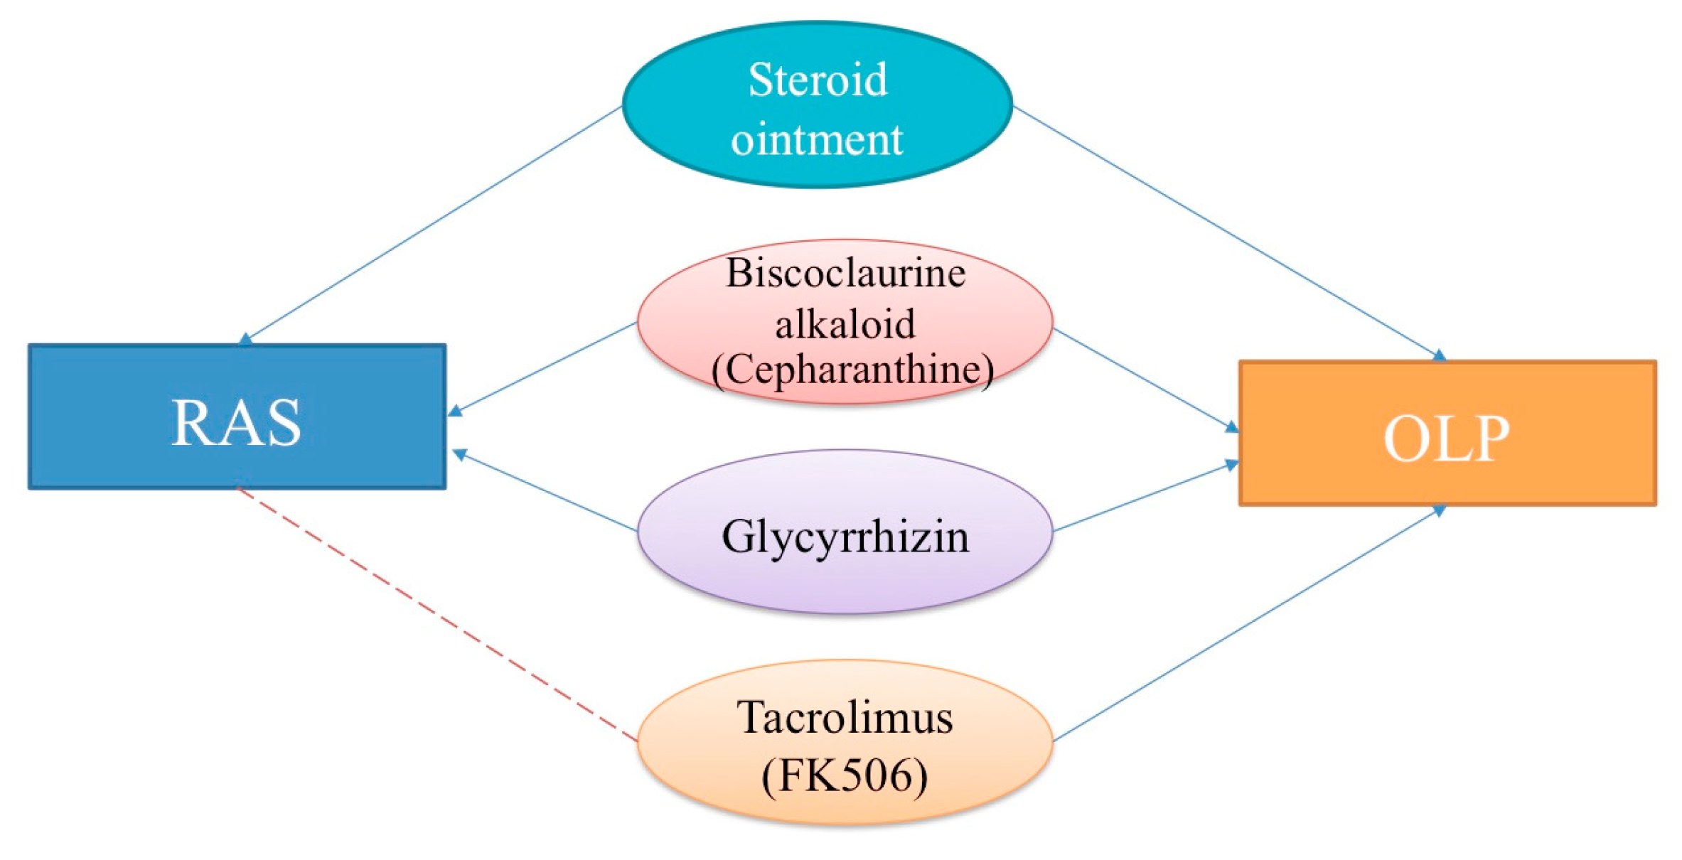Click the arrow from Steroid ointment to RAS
434,223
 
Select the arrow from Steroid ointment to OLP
1226,231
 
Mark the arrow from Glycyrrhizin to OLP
1146,498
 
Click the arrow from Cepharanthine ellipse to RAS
544,368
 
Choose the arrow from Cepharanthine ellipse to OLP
1145,379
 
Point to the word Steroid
818,80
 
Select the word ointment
817,139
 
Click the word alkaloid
845,325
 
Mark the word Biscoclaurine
845,273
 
